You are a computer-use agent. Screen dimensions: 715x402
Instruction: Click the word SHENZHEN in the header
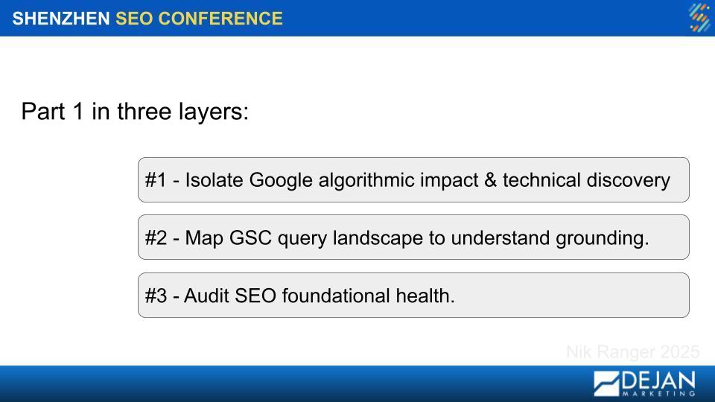pyautogui.click(x=61, y=19)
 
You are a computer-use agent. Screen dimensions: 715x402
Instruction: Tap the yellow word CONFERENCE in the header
pyautogui.click(x=220, y=19)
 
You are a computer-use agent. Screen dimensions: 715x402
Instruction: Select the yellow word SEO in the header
pyautogui.click(x=134, y=19)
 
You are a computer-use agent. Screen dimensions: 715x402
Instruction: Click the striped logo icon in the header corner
pyautogui.click(x=699, y=18)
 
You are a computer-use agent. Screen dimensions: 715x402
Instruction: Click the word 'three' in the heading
pyautogui.click(x=144, y=111)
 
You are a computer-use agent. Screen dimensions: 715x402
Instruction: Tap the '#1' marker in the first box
pyautogui.click(x=156, y=180)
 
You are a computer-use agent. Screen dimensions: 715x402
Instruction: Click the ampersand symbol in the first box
pyautogui.click(x=491, y=180)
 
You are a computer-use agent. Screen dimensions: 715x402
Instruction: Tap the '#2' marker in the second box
pyautogui.click(x=156, y=238)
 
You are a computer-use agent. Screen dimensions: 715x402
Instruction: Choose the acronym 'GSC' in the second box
pyautogui.click(x=251, y=238)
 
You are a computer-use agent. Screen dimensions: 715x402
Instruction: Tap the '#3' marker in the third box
pyautogui.click(x=156, y=296)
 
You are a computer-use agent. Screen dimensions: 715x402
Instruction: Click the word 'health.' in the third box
pyautogui.click(x=425, y=296)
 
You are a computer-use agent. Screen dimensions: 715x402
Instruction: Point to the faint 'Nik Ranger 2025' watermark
pyautogui.click(x=633, y=352)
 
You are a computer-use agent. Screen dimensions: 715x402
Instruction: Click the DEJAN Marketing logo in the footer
pyautogui.click(x=644, y=383)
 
